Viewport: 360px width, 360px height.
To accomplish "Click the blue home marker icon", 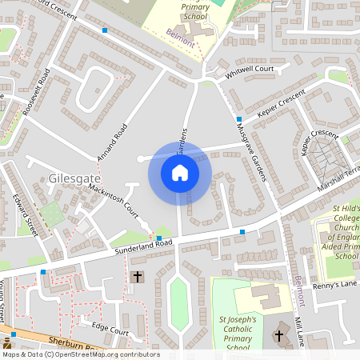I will pyautogui.click(x=180, y=173).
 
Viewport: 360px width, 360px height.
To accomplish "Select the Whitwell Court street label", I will pyautogui.click(x=249, y=70).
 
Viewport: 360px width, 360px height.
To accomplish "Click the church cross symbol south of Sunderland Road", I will pyautogui.click(x=137, y=276).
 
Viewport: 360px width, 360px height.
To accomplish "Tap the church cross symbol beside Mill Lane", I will pyautogui.click(x=279, y=337).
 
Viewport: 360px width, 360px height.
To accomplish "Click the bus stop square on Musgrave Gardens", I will pyautogui.click(x=239, y=119).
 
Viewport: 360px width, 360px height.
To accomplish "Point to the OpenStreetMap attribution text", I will pyautogui.click(x=80, y=354).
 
